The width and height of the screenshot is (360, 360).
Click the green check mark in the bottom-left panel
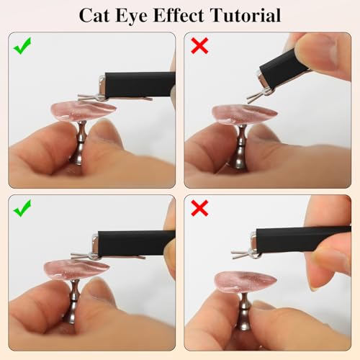point(24,210)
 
